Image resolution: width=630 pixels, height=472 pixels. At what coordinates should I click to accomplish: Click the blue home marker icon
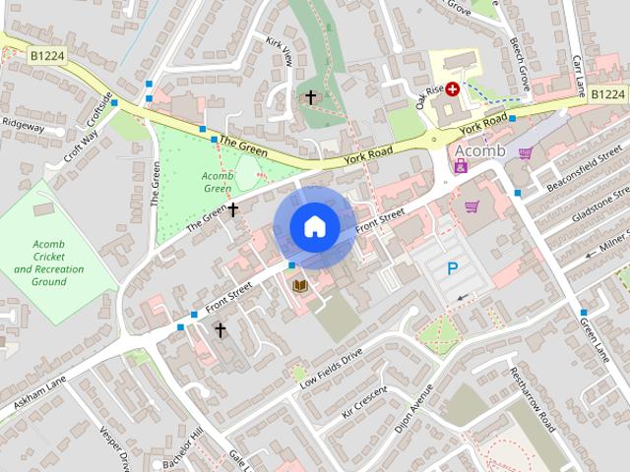coord(315,227)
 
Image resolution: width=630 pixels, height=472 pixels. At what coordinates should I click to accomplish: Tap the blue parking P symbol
coord(453,268)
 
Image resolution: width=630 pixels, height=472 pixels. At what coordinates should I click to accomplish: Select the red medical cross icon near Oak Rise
coord(453,88)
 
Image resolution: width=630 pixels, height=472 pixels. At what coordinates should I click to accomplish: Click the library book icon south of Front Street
coord(300,285)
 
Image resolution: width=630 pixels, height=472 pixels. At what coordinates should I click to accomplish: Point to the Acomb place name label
coord(479,150)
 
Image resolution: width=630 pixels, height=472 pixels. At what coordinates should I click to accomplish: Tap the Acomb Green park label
coord(217,183)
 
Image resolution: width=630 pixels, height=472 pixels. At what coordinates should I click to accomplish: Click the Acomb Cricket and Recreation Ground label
coord(49,263)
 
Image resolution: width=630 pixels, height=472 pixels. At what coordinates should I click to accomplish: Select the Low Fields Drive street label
coord(332,366)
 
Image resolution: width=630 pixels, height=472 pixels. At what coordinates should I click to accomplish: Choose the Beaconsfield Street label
coord(589,163)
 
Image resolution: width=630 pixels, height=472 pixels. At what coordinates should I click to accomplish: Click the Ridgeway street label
coord(23,126)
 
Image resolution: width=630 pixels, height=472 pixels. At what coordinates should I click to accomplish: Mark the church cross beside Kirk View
coord(311,97)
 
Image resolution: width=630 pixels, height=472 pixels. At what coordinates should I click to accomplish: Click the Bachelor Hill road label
coord(182,448)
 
